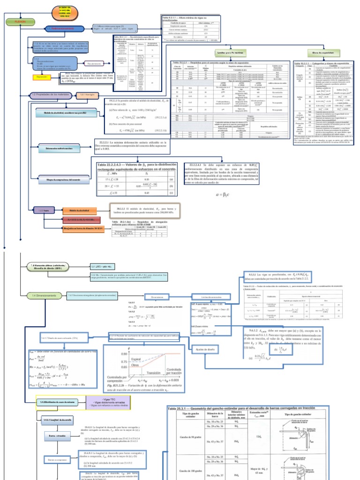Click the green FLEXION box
tap(19, 22)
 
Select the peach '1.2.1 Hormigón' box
tap(90, 95)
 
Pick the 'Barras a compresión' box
tap(58, 461)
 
